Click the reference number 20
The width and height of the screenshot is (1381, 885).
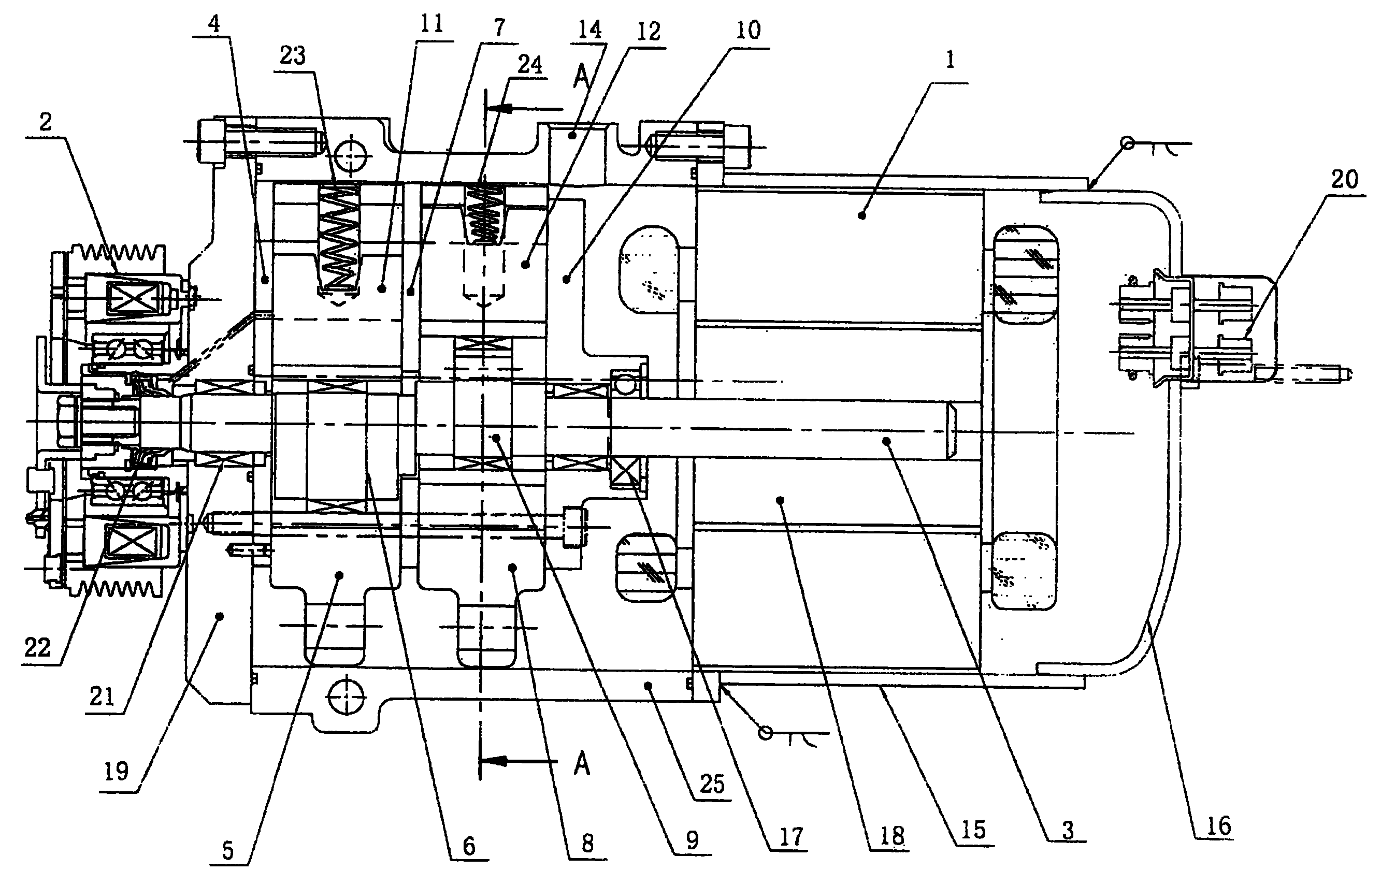1344,180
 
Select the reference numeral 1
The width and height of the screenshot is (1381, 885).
950,60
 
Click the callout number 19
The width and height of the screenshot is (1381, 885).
116,772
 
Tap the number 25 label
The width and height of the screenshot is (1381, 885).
712,784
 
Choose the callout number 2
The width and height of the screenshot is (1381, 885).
46,122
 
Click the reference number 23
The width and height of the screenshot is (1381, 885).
293,56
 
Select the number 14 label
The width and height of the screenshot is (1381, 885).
589,30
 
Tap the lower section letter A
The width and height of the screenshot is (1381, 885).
582,764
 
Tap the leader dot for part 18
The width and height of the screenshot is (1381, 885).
780,501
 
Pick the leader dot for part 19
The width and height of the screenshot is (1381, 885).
219,616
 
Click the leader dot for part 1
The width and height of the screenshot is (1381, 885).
861,215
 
